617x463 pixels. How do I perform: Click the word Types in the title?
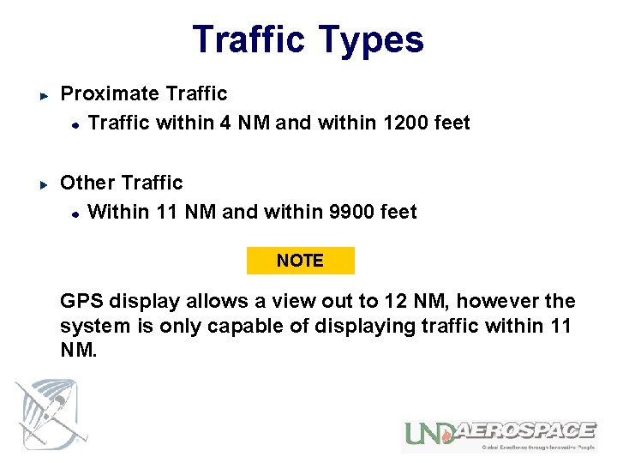click(370, 40)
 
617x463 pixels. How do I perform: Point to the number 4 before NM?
click(225, 123)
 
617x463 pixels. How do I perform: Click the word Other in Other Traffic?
click(87, 183)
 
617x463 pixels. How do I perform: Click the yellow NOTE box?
click(300, 261)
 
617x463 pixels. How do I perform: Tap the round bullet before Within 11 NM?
click(75, 213)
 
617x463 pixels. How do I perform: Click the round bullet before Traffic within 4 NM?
click(75, 123)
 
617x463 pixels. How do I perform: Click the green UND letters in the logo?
click(428, 434)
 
